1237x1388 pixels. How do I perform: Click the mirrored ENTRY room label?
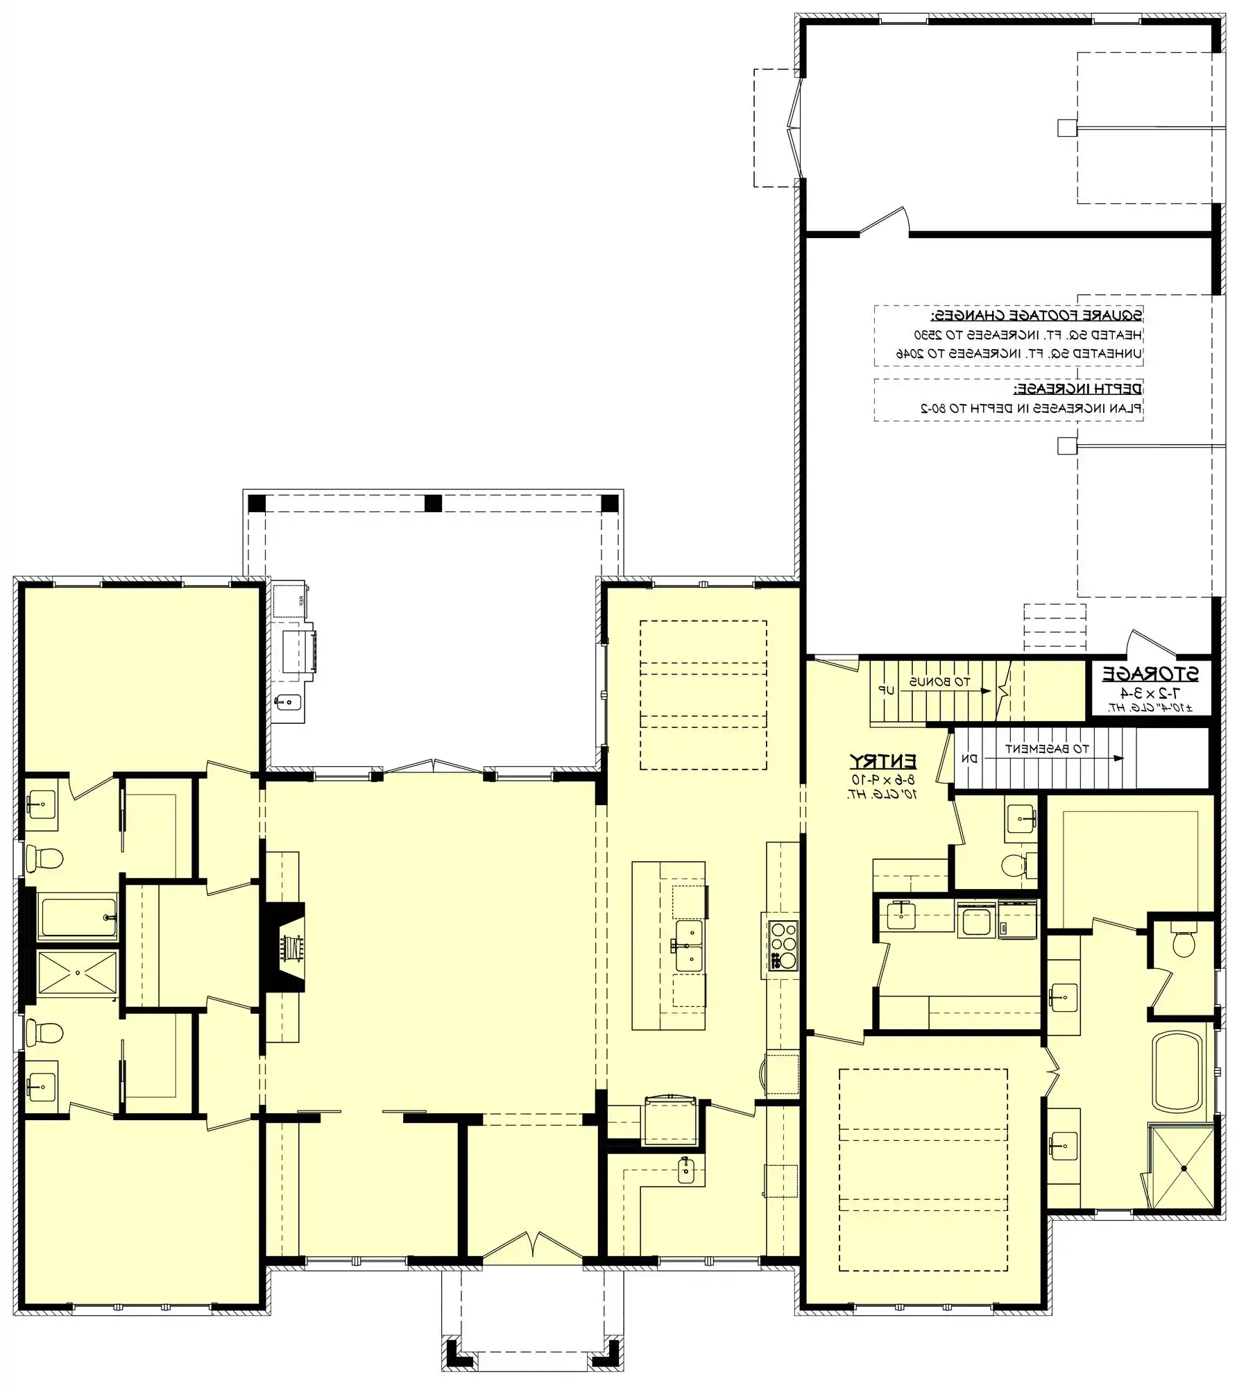(x=883, y=761)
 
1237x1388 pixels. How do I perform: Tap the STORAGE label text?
(x=1150, y=674)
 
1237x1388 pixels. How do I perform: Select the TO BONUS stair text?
(x=940, y=682)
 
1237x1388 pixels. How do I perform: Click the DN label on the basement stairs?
(x=969, y=759)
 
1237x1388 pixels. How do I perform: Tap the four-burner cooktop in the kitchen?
(x=783, y=945)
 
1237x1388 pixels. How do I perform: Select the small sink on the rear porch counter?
(x=287, y=702)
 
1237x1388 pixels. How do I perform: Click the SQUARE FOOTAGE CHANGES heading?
(x=1036, y=316)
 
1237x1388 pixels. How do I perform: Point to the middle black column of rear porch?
(x=433, y=502)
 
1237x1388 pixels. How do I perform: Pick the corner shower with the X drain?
(x=1183, y=1168)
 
